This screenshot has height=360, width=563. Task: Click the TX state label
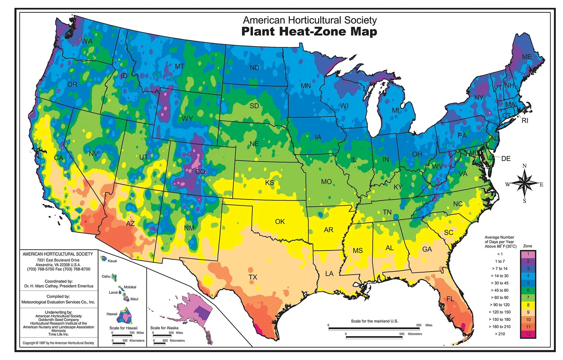pos(253,277)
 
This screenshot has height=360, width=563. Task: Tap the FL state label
pos(450,299)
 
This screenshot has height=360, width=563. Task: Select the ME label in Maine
pos(527,57)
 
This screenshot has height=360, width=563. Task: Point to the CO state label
pos(200,171)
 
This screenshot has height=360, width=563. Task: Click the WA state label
pos(86,41)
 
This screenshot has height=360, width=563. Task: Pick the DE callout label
pos(506,159)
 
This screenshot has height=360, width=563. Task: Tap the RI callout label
pos(525,121)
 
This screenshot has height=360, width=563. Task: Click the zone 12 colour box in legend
pos(528,334)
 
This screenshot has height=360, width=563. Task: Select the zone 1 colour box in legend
pos(528,254)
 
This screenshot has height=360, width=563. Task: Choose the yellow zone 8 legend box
pos(528,305)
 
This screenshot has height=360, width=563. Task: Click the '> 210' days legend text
pos(500,334)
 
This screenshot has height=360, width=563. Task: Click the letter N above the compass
pos(525,166)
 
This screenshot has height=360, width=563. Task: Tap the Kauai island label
pos(112,261)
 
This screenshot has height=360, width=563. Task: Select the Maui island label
pos(134,299)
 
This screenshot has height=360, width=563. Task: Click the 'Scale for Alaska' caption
pos(164,328)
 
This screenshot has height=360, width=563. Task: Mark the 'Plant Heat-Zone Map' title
pos(309,32)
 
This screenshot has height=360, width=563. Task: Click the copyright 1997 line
pos(58,343)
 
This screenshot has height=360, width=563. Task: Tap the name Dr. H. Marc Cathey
pos(58,286)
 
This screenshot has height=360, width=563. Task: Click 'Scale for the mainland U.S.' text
pos(374,321)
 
